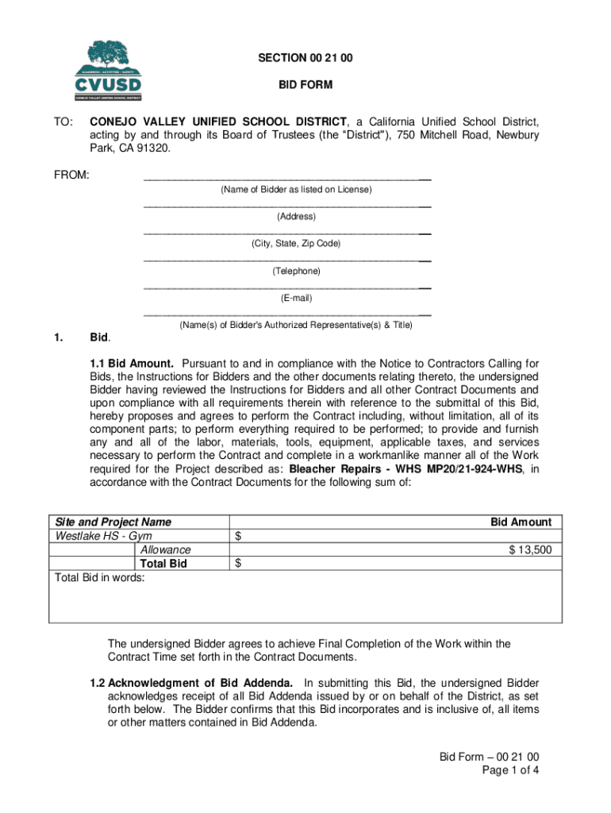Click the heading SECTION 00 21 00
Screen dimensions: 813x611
294,59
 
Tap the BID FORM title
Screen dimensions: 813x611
294,84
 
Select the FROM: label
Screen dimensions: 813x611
71,174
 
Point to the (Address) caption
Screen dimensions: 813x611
296,217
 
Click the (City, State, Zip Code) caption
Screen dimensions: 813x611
296,244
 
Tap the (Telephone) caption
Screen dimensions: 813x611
296,271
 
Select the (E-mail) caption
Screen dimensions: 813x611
296,299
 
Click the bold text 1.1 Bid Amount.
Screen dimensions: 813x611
132,363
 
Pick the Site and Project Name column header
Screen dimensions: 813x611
112,522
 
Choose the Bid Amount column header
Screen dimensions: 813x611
520,522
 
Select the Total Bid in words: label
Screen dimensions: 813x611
98,578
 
